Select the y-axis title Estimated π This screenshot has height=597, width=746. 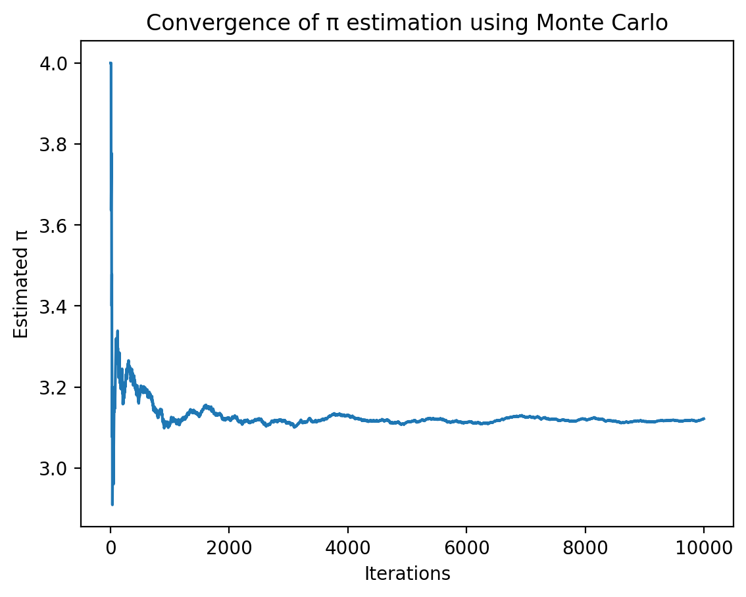coord(22,290)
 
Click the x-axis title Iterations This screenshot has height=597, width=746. coord(407,574)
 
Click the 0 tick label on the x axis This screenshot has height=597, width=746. coord(111,547)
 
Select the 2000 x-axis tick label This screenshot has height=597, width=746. coord(229,547)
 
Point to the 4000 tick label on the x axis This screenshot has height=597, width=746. coord(347,547)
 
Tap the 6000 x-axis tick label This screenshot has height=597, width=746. coord(466,547)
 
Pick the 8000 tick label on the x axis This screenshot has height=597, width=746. coord(585,547)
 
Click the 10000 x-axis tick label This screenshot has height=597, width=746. coord(704,547)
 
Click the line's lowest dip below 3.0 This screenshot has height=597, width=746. coord(112,504)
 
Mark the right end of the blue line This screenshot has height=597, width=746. coord(704,418)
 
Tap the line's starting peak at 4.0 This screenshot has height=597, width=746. coord(111,63)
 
